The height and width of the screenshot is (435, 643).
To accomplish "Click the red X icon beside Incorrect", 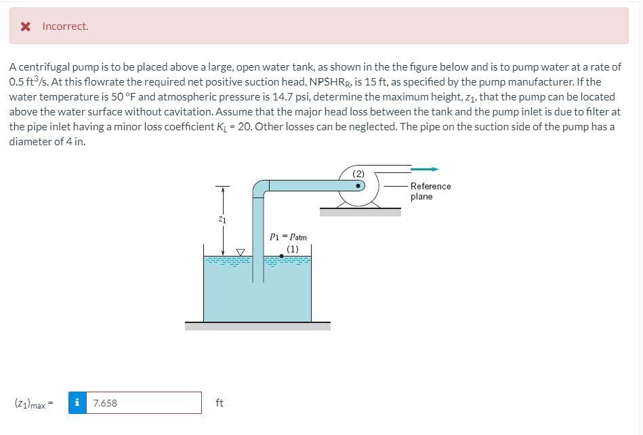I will [25, 26].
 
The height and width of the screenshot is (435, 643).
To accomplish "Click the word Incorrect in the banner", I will [65, 26].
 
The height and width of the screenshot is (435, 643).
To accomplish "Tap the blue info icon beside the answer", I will [78, 402].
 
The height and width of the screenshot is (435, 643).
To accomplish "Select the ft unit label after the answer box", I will [219, 403].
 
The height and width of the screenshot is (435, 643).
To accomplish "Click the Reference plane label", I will [430, 191].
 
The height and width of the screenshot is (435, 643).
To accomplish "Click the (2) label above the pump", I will [359, 174].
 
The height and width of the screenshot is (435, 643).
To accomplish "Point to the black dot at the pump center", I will [359, 185].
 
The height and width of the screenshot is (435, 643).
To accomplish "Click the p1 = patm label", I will [288, 237].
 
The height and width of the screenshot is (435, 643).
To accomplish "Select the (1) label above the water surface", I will [292, 248].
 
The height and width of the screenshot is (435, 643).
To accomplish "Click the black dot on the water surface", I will [281, 257].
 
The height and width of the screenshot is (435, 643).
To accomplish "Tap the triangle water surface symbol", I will [240, 252].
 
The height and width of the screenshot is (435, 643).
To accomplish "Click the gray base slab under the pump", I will [360, 212].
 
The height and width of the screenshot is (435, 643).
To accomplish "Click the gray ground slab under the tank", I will [257, 326].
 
